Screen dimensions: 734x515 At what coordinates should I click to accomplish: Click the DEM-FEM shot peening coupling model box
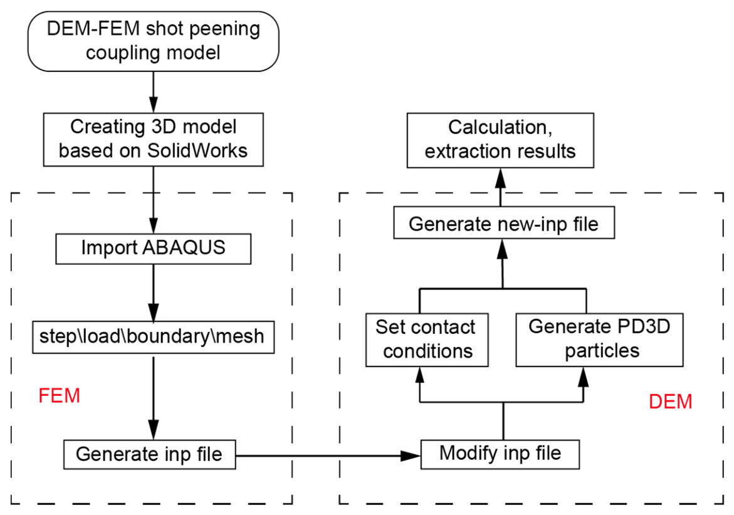153,41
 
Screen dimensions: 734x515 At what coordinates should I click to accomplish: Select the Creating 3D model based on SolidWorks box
153,139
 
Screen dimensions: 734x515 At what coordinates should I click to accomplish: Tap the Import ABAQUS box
153,249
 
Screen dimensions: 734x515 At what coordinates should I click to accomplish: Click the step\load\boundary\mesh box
153,337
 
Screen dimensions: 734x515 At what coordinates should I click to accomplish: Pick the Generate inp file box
149,454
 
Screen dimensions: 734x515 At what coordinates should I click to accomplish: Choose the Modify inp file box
500,454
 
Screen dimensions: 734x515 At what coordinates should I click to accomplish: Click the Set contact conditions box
427,340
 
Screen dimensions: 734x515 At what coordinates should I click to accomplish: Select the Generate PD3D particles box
599,340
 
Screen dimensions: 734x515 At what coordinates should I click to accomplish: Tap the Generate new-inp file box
504,223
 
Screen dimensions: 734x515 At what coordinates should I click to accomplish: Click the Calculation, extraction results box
500,140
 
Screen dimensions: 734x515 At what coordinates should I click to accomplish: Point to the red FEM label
59,396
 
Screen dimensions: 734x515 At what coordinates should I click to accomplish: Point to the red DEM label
670,402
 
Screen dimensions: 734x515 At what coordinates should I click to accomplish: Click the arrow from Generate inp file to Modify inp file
328,455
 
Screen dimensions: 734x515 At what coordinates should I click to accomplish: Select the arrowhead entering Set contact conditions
420,377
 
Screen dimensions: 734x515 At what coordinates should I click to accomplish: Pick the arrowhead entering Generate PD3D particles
584,377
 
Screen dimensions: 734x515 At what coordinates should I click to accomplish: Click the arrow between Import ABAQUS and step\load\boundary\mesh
154,293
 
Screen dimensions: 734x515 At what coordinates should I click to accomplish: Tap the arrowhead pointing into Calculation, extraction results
500,178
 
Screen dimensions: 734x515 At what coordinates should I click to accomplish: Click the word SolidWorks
197,150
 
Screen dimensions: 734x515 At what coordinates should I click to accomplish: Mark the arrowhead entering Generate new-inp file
502,249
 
